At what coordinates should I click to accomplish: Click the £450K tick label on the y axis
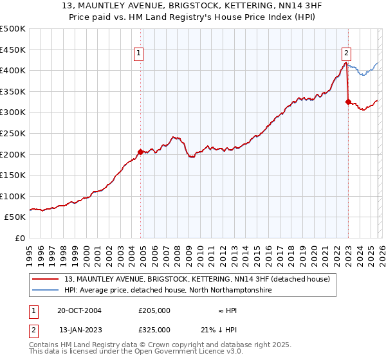13,50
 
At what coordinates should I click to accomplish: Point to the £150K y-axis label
13,175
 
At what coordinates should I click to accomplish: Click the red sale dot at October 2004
141,152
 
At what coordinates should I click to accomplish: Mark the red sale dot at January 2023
348,102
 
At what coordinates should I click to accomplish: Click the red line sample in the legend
46,279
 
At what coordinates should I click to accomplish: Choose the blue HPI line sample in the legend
46,291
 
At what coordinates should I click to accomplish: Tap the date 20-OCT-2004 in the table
79,310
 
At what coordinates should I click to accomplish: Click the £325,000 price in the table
154,329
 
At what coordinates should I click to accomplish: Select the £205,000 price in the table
154,310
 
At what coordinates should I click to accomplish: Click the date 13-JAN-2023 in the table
79,329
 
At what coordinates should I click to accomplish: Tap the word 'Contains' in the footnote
45,345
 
